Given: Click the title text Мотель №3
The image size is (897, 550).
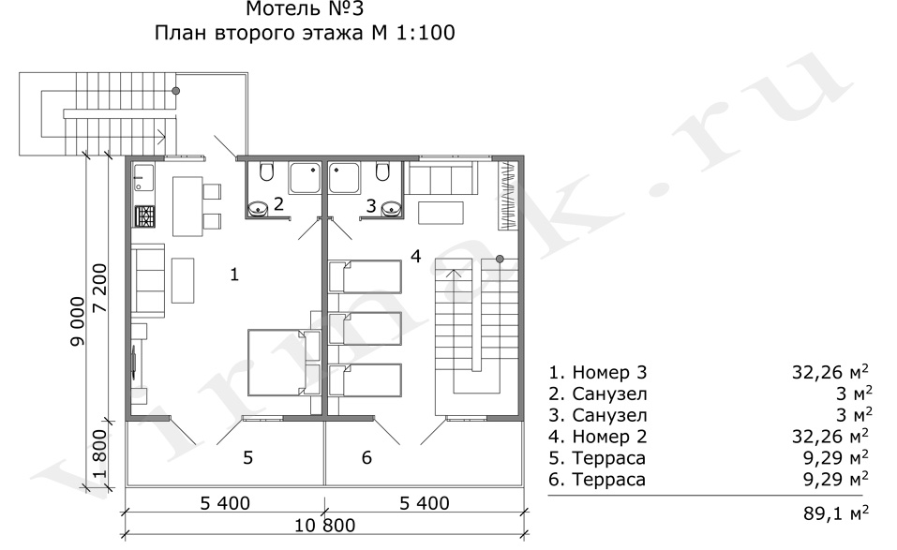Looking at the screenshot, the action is click(x=305, y=9).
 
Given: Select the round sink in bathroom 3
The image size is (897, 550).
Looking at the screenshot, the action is click(x=390, y=208).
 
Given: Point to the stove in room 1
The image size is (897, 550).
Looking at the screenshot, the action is click(x=144, y=216).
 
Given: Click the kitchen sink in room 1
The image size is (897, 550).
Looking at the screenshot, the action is click(x=143, y=177).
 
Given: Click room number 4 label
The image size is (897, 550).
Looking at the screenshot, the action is click(x=416, y=256).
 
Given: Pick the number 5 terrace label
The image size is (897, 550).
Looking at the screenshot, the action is click(x=247, y=457).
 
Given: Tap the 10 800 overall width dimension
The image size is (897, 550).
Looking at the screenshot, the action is click(x=324, y=525).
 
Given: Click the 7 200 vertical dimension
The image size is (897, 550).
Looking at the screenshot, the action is click(x=99, y=288).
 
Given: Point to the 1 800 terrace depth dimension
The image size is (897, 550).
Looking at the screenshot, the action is click(x=99, y=454).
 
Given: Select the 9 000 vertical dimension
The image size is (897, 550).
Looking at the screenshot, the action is click(x=77, y=320).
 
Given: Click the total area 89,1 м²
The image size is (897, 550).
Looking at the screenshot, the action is click(x=836, y=513).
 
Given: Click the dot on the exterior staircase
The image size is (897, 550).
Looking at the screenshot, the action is click(x=176, y=90).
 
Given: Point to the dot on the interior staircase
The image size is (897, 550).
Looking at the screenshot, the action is click(x=500, y=259).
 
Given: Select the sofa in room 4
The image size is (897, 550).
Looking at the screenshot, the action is click(x=441, y=178).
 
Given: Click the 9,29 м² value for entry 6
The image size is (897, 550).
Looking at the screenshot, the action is click(x=836, y=479).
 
